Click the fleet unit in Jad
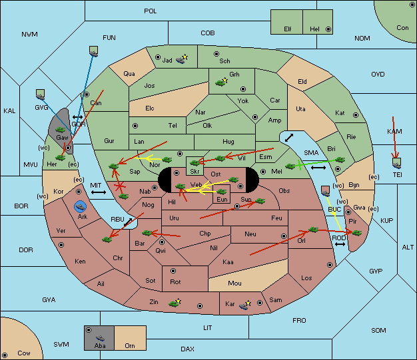181,60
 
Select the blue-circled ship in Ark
80,206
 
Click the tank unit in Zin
174,303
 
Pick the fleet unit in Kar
244,306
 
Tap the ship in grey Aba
100,338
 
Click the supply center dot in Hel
328,29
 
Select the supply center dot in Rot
173,271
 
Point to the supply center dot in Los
330,265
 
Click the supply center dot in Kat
356,115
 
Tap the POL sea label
151,11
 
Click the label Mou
234,283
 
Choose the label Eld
302,82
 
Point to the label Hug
228,142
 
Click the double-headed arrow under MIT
99,192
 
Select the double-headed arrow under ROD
340,244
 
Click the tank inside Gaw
61,130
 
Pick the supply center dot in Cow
5,355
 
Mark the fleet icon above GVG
40,95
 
